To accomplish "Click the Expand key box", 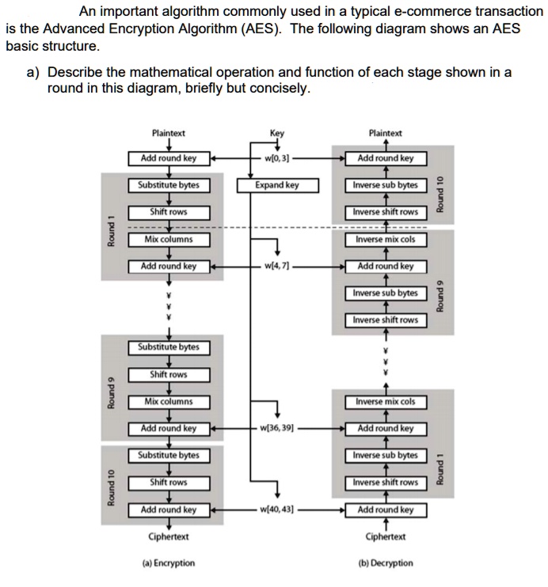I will coord(277,186).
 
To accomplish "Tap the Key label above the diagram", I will coord(277,134).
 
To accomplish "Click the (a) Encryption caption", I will coord(168,563).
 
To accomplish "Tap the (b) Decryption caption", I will coord(386,563).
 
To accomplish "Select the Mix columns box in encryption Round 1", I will coord(168,240).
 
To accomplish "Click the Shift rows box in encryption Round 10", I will coord(168,483).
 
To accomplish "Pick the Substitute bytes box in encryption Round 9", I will coord(168,347).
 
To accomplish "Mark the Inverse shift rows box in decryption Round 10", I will coord(386,212).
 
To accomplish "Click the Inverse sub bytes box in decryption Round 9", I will coord(386,293).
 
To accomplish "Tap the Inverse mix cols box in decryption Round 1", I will coord(386,402).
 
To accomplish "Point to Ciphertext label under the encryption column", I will coord(168,537).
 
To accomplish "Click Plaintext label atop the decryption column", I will coord(386,134).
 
